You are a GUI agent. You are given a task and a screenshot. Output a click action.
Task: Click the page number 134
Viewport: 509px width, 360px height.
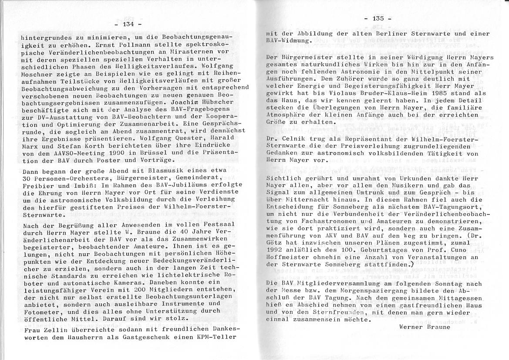[x=128, y=24]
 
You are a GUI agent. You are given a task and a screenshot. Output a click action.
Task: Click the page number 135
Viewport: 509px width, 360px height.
[x=378, y=18]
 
